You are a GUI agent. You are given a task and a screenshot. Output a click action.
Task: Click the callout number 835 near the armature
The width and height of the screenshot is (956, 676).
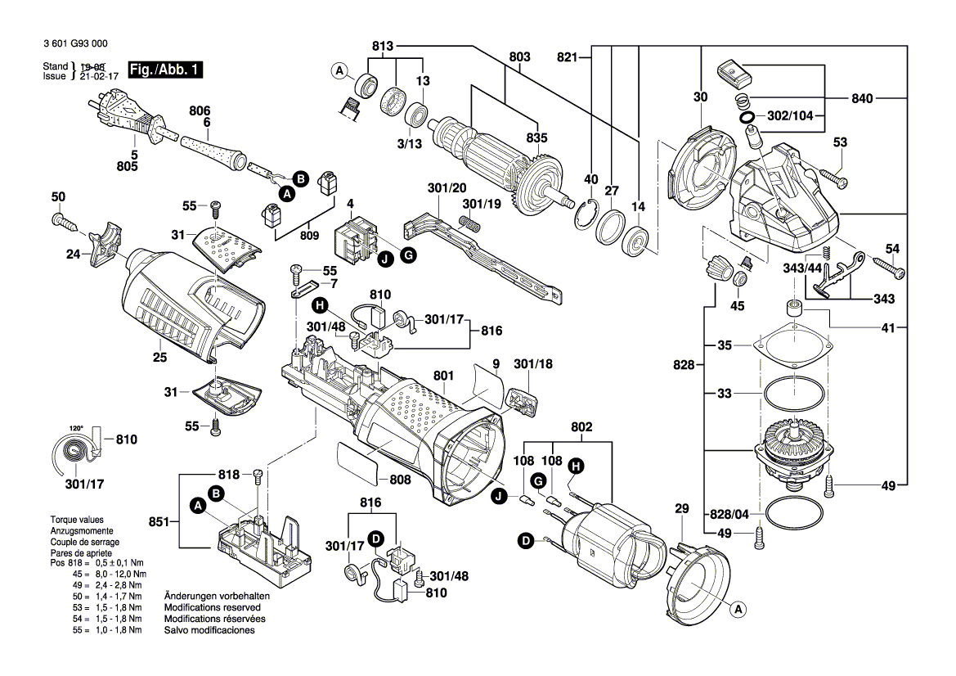pos(536,137)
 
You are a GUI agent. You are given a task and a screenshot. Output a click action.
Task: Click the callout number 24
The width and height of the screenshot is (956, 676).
pos(74,255)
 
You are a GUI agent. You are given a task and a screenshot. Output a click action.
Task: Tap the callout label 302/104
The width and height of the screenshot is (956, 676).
pos(791,116)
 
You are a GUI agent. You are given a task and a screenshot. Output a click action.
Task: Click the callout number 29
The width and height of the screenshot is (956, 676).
pos(681,510)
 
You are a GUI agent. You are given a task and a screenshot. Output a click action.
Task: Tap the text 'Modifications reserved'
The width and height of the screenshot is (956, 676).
pos(212,608)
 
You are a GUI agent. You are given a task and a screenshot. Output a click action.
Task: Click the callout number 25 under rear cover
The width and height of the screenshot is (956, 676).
pos(159,357)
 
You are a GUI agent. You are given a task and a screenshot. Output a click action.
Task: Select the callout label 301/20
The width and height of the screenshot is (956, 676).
pos(447,188)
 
